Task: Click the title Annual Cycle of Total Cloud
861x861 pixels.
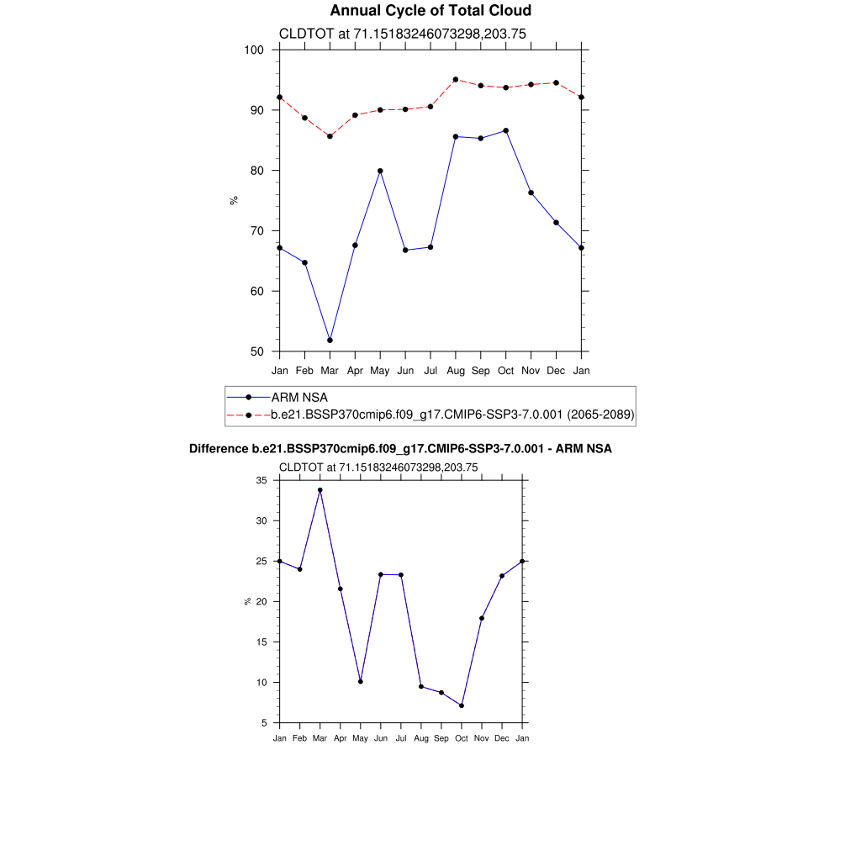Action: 430,11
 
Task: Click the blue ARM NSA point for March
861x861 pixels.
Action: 330,340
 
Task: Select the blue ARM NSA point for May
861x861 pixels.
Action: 380,171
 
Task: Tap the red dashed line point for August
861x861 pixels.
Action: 456,79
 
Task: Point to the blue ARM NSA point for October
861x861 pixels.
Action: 505,130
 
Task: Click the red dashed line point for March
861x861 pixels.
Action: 330,136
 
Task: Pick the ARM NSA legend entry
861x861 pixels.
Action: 298,397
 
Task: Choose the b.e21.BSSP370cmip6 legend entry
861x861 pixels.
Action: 452,415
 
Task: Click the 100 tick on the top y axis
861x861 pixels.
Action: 255,50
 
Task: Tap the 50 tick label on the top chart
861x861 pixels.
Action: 255,351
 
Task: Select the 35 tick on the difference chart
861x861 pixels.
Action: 261,480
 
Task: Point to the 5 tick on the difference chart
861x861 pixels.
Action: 263,722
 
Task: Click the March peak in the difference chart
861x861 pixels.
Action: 320,489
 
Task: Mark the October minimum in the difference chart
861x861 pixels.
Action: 462,705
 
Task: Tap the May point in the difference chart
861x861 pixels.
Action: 360,681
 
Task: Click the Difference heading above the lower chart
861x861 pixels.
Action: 400,449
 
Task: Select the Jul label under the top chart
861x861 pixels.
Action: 430,370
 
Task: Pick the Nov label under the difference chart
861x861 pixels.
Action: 482,738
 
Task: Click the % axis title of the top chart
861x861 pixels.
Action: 234,200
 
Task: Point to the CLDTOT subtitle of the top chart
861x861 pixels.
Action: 402,34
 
